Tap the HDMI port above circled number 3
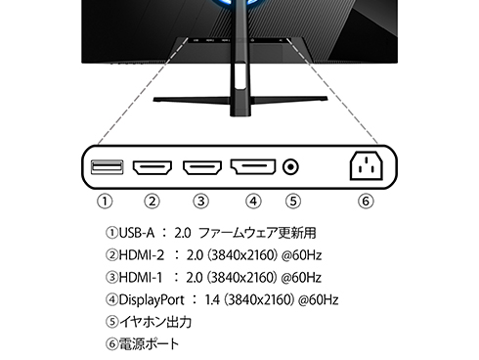pos(201,167)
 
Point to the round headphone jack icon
pos(290,167)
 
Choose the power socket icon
pos(365,168)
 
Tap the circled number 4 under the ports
pos(253,202)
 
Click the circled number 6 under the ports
pos(365,202)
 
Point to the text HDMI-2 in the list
pos(139,255)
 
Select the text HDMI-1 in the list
pos(139,277)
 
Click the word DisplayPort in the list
pos(155,298)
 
